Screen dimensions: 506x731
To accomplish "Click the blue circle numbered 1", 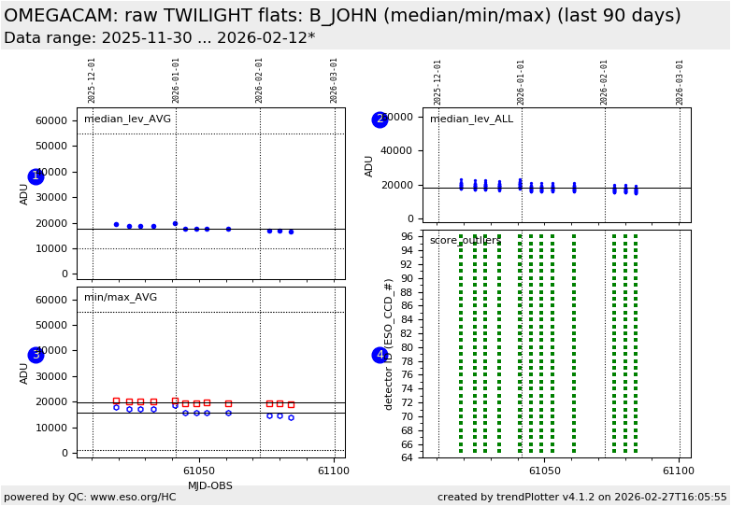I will [x=36, y=176].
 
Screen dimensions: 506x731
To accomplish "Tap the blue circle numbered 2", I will [x=380, y=119].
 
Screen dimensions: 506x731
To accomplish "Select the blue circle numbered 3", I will [x=36, y=355].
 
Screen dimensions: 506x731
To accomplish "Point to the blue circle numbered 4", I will [x=380, y=355].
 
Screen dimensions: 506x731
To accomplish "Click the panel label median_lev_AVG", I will [x=127, y=119].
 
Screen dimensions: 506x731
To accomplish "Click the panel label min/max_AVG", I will [x=121, y=298].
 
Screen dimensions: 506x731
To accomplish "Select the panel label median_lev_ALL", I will [x=471, y=119].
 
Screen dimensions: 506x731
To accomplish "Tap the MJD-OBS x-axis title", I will [x=210, y=486].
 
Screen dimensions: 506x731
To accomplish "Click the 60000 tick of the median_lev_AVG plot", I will [x=51, y=120].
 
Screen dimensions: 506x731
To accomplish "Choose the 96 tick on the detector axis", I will [x=408, y=236].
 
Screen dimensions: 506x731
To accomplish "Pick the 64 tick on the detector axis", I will [x=408, y=457].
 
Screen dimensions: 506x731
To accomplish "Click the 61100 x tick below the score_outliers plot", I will [x=679, y=471].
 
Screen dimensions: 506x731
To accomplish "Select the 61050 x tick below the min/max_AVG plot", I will [x=199, y=471].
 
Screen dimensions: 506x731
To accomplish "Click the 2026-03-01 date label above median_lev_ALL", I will [x=680, y=81].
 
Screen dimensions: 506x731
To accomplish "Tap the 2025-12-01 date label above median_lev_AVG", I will [x=93, y=81].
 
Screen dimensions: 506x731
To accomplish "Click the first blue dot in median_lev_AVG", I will [x=116, y=224].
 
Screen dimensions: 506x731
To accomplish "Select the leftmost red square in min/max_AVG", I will [x=116, y=401].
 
